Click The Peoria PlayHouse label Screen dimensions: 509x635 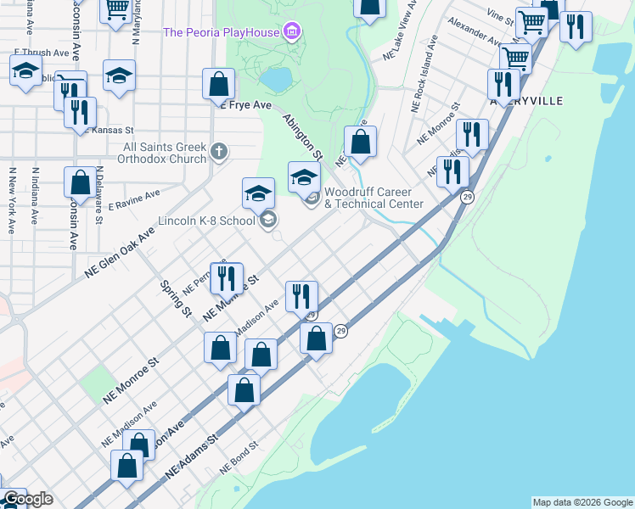pyautogui.click(x=222, y=33)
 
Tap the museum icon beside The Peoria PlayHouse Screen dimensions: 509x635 pyautogui.click(x=292, y=33)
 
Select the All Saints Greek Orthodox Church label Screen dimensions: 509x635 pyautogui.click(x=165, y=153)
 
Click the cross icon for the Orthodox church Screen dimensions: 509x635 pyautogui.click(x=219, y=153)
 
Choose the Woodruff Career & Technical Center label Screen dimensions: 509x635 pyautogui.click(x=374, y=199)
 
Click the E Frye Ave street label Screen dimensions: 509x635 pyautogui.click(x=245, y=106)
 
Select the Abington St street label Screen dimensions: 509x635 pyautogui.click(x=303, y=137)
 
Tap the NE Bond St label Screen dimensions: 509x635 pyautogui.click(x=239, y=458)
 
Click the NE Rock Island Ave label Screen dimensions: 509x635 pyautogui.click(x=424, y=75)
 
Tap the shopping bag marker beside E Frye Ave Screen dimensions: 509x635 pyautogui.click(x=218, y=85)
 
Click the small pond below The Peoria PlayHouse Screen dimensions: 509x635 pyautogui.click(x=276, y=79)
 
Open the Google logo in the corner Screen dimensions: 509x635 pyautogui.click(x=27, y=499)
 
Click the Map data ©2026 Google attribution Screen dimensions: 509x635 pyautogui.click(x=582, y=502)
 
